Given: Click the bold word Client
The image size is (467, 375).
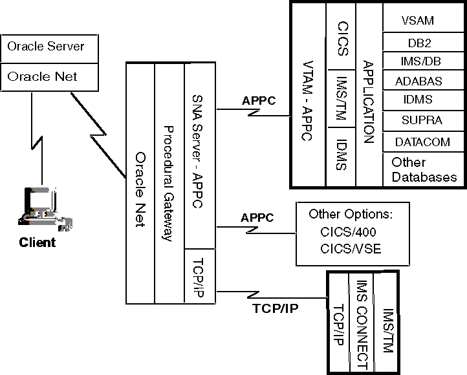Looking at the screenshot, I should click(38, 243).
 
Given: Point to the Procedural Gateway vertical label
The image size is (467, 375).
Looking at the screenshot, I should click(168, 183).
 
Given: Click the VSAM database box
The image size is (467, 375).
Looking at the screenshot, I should click(417, 21).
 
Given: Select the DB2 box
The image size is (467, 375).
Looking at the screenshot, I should click(417, 43).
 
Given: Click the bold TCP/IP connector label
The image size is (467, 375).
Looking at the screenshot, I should click(274, 308).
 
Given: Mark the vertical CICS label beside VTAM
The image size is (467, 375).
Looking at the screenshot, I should click(343, 38).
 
